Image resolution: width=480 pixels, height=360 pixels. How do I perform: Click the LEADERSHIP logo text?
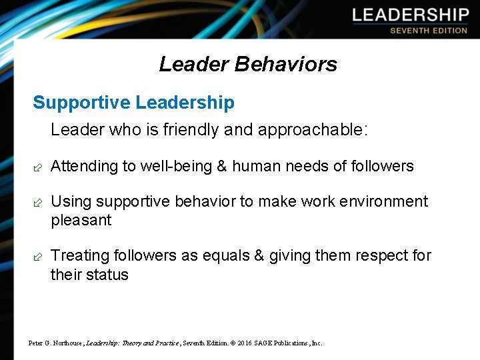pos(411,15)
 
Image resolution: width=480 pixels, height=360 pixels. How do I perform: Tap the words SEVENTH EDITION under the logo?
pos(429,31)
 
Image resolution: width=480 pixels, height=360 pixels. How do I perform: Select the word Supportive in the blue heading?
pos(81,103)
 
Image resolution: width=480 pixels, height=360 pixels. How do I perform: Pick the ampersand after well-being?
pos(222,166)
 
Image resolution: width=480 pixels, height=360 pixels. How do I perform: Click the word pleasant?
pos(81,221)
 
